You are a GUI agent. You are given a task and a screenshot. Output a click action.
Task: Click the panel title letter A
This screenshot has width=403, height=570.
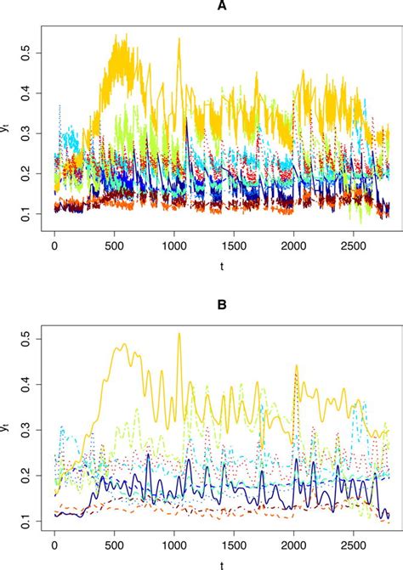coord(221,7)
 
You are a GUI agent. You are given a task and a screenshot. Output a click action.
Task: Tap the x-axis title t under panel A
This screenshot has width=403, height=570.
coord(221,264)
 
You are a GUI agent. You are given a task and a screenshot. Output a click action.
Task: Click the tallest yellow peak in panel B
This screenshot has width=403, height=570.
coord(179,334)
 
